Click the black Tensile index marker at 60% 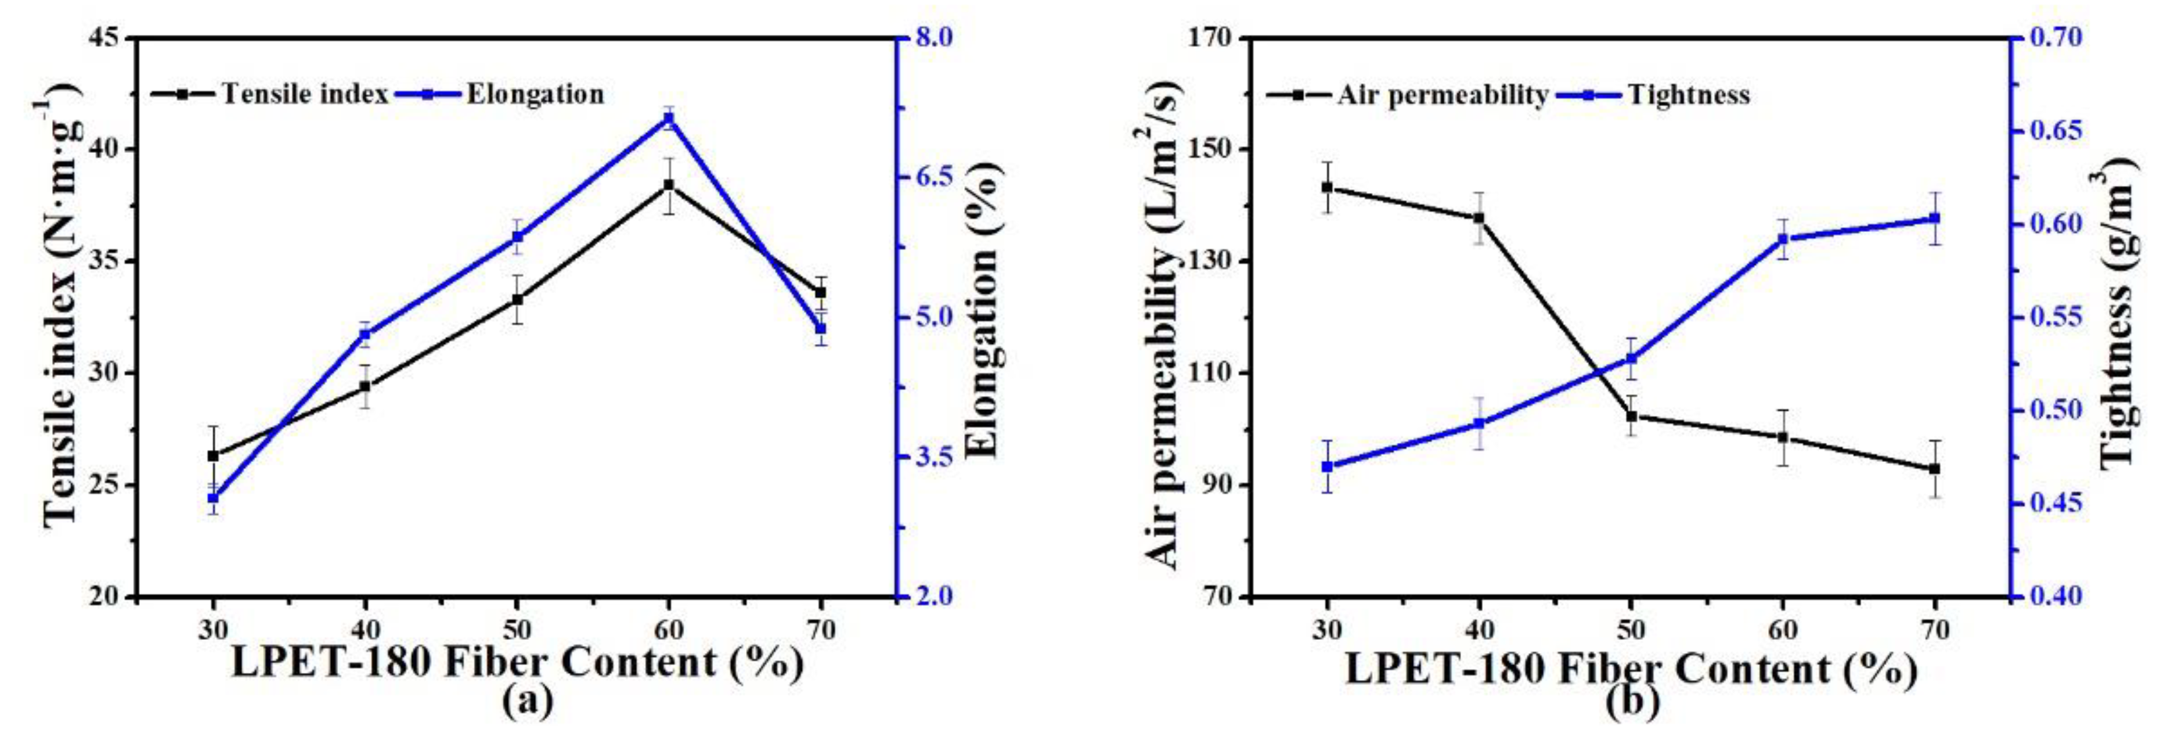click(669, 185)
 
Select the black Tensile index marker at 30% click(213, 455)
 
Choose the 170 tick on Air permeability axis click(1212, 38)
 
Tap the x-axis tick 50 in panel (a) click(517, 629)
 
